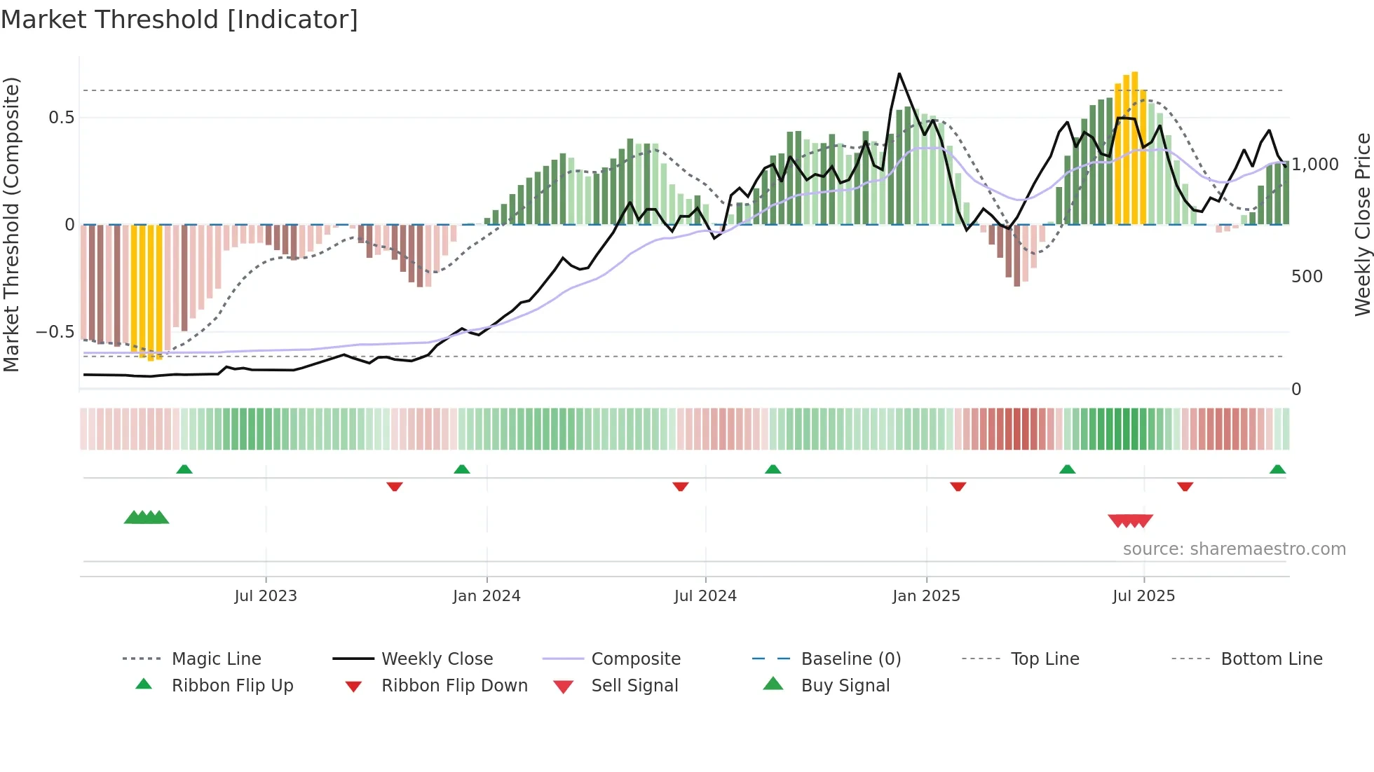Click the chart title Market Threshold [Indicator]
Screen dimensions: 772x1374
pos(179,20)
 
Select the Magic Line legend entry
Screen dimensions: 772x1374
pos(216,659)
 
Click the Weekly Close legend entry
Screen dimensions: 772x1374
pos(437,659)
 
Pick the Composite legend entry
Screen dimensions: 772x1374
pos(635,659)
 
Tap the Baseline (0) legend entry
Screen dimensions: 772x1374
pos(850,659)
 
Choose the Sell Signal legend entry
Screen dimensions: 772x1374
pos(634,686)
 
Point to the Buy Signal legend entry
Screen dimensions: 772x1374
pos(845,686)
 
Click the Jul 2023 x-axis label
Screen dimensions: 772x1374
pos(266,596)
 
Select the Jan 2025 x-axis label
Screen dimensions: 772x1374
pos(926,596)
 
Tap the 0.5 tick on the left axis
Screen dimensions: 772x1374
pos(61,118)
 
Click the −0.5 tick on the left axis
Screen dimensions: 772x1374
pos(55,332)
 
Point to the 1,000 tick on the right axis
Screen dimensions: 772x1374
pos(1315,165)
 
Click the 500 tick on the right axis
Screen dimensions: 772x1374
pos(1307,277)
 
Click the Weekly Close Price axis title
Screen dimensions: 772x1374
pos(1362,224)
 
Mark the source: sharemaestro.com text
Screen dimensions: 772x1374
pos(1234,549)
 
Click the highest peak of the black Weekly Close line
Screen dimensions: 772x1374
pos(899,74)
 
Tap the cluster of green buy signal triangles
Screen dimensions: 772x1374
pos(147,518)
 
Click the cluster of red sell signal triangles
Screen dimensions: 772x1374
pos(1130,521)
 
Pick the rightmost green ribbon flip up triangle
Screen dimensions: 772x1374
pos(1277,469)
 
